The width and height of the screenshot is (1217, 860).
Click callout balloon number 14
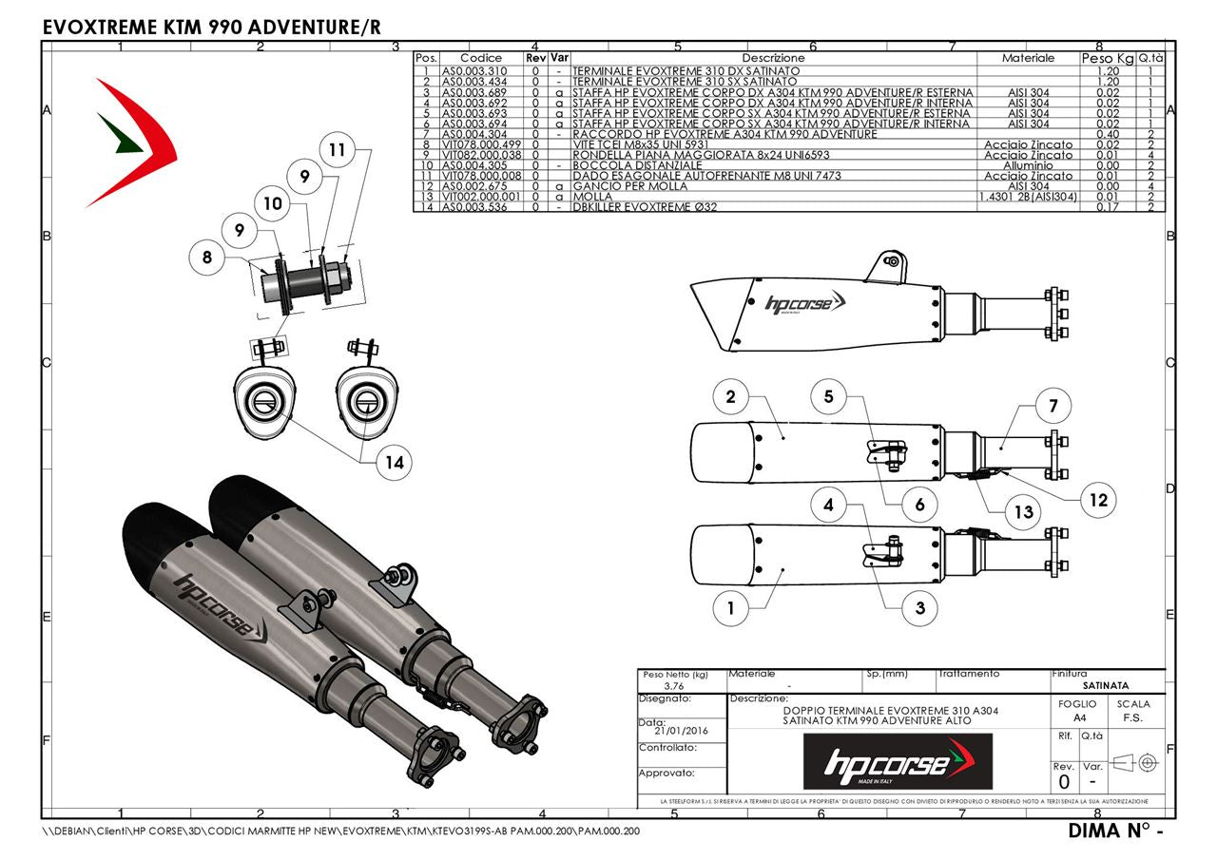(394, 463)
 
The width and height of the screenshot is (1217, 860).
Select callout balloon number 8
(207, 256)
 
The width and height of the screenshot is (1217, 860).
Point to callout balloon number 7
(1053, 406)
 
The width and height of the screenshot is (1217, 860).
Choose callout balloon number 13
(1023, 512)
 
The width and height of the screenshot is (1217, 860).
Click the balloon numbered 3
(919, 607)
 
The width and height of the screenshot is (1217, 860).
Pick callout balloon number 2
(730, 397)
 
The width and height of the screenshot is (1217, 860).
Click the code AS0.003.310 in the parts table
(474, 71)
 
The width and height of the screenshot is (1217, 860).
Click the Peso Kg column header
(1108, 59)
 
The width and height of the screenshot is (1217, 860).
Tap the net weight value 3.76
(674, 686)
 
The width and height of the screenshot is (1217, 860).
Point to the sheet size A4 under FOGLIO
(1076, 718)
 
